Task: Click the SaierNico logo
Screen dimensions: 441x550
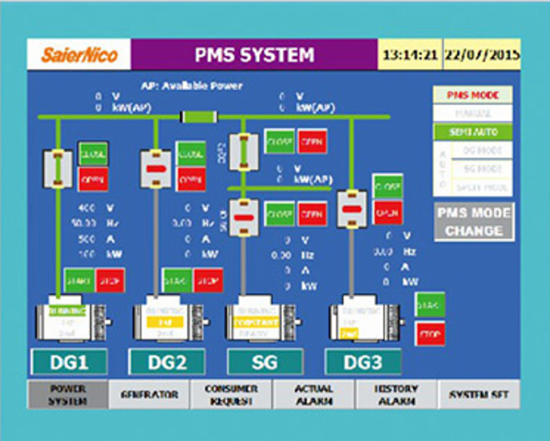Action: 71,55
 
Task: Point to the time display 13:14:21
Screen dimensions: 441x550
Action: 410,55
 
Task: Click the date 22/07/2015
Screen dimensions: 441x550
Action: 481,55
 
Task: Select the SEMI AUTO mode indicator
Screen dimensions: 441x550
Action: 474,131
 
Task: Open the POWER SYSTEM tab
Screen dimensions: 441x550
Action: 67,395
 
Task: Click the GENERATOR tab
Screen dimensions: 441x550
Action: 150,395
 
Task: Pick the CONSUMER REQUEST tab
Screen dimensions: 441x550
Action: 232,395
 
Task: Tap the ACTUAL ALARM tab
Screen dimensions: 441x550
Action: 314,395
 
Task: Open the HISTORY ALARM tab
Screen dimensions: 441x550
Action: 396,395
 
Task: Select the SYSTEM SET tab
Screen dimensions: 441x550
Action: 478,395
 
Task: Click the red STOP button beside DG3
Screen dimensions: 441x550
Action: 430,334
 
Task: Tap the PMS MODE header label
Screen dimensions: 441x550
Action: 474,95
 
